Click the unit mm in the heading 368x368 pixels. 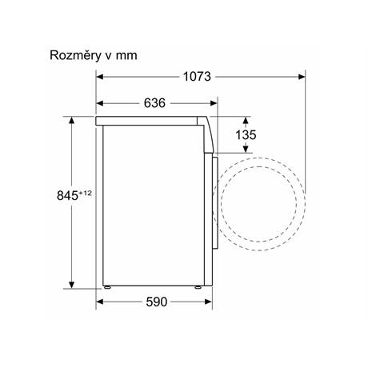[126, 56]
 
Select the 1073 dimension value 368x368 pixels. [197, 77]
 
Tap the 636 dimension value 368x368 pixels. [154, 103]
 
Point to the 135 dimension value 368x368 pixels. [246, 135]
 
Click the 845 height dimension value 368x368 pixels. [67, 196]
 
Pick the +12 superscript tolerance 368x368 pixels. [85, 193]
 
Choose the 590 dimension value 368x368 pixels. [157, 302]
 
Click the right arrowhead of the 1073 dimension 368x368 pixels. [302, 77]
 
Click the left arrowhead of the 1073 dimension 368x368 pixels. [100, 77]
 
